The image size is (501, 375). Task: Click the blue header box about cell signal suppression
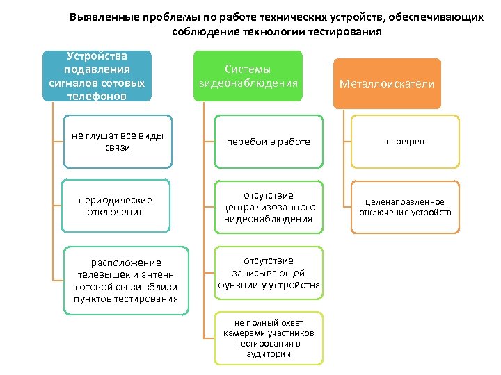point(96,76)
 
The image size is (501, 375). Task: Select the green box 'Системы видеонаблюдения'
point(248,76)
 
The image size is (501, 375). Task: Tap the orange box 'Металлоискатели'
point(387,83)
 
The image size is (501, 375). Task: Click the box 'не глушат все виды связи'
point(117,142)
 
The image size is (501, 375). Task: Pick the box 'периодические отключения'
point(117,206)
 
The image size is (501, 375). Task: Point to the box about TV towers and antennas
point(126,281)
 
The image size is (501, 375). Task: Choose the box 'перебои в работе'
point(268,142)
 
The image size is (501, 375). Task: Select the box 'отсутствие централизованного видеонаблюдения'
point(268,207)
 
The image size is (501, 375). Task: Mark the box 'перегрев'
point(405,142)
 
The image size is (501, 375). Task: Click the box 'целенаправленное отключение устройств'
point(405,207)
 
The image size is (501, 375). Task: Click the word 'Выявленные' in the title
point(103,17)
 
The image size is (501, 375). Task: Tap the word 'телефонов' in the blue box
point(95,96)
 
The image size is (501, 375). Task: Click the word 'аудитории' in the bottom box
point(268,353)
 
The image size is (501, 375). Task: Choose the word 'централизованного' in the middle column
point(269,207)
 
